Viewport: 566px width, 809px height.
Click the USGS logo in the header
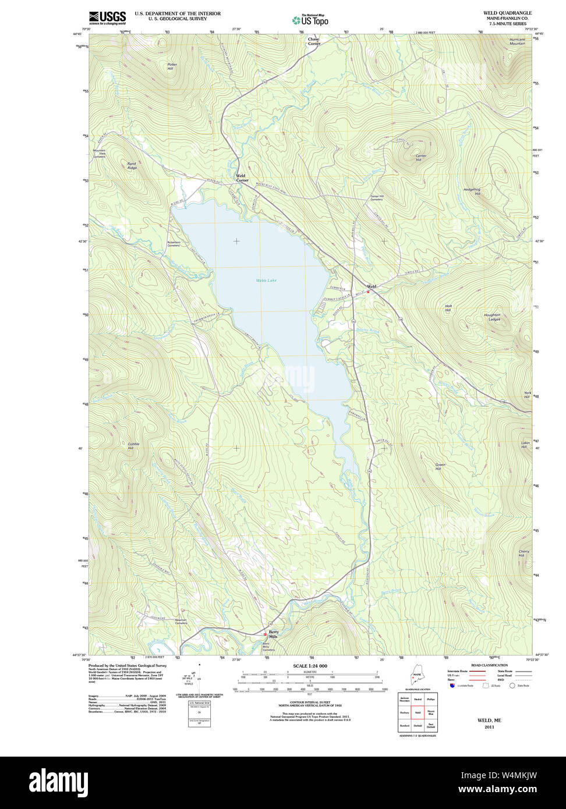pos(107,17)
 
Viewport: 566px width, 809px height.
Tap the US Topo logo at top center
pos(310,20)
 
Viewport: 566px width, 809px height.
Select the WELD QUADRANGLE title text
pos(507,13)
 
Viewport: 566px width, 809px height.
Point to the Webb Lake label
pos(266,281)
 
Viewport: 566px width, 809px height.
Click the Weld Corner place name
pos(242,178)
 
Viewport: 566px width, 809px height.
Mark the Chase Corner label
pos(314,41)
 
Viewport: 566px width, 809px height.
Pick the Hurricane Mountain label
pos(517,41)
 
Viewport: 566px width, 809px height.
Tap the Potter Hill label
pos(171,66)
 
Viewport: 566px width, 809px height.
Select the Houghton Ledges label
pos(492,317)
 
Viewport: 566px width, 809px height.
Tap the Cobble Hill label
pos(134,446)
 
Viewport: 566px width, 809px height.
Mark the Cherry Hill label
pos(524,553)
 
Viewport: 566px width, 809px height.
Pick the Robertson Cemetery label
pos(174,244)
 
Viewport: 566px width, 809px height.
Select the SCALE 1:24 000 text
pos(310,666)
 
